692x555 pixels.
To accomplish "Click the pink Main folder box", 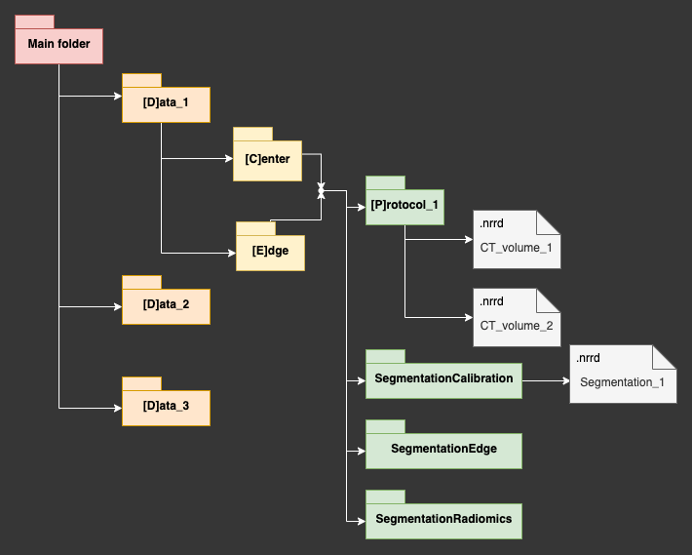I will pos(58,44).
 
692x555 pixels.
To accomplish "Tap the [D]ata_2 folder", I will pos(166,305).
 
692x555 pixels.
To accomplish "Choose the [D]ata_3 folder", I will pos(166,406).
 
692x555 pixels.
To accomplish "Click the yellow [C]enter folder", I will pos(267,160).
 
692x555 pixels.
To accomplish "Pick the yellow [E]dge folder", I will pos(270,251).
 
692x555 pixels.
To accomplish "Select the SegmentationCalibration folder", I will pos(443,379).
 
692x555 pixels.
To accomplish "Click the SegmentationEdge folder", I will pos(443,449).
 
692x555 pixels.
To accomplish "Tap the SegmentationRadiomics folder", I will pos(443,519).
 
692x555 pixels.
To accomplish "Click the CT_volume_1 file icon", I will pos(517,239).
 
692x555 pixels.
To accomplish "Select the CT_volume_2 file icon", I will pos(517,316).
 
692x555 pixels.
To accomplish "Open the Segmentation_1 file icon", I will pos(622,375).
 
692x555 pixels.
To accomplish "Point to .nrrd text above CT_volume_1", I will pos(491,224).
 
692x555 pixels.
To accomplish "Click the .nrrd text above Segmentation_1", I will pos(588,358).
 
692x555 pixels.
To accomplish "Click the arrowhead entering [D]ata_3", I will pos(117,407).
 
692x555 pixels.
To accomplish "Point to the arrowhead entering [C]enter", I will pos(228,160).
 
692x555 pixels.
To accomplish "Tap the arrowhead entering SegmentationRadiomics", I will pos(361,519).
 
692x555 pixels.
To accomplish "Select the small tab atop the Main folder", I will pos(34,20).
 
